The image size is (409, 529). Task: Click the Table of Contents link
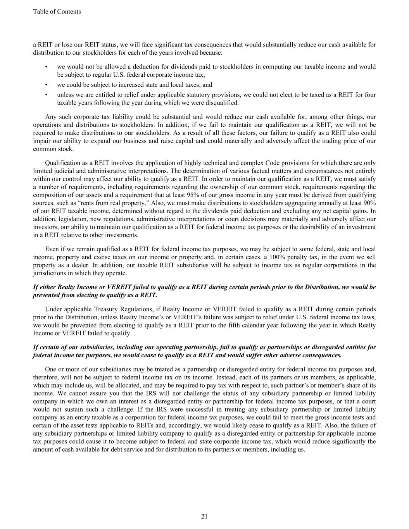coord(57,12)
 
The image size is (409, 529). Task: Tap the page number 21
coord(204,516)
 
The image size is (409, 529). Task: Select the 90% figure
coord(369,203)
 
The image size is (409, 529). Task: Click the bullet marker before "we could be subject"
coord(47,85)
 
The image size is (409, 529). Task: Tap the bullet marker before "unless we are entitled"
coord(47,95)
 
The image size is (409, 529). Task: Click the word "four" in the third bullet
coord(370,95)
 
